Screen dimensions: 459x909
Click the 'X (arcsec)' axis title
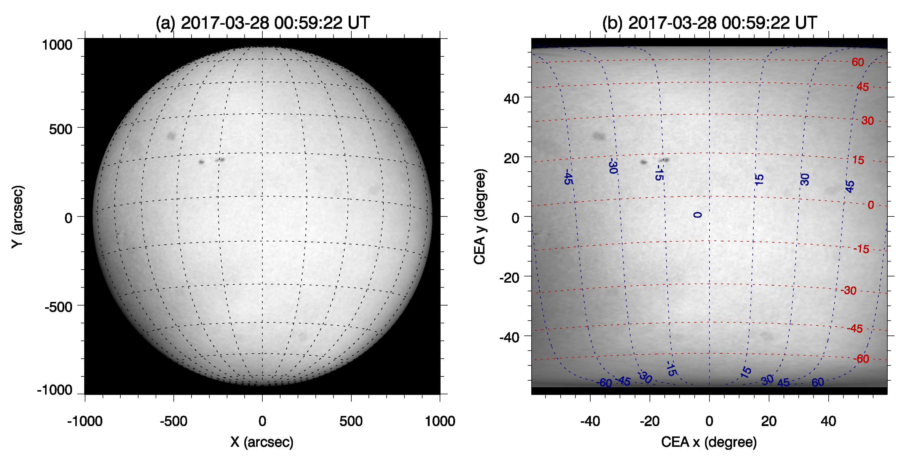click(x=262, y=442)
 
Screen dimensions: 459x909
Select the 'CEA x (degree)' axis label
click(x=709, y=442)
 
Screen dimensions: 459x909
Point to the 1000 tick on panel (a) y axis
click(x=57, y=45)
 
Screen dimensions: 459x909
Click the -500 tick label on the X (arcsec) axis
click(x=173, y=421)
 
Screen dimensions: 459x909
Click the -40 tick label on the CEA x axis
click(x=590, y=421)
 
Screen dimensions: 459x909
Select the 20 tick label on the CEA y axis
click(x=511, y=158)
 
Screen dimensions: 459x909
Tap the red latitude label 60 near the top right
click(x=857, y=62)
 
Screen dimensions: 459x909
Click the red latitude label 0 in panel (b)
click(x=870, y=205)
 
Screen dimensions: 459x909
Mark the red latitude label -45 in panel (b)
click(x=855, y=329)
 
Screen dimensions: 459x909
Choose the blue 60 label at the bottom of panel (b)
click(x=818, y=382)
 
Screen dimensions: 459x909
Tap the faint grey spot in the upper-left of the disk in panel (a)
click(x=171, y=136)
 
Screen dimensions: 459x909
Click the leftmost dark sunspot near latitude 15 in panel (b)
click(x=644, y=162)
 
